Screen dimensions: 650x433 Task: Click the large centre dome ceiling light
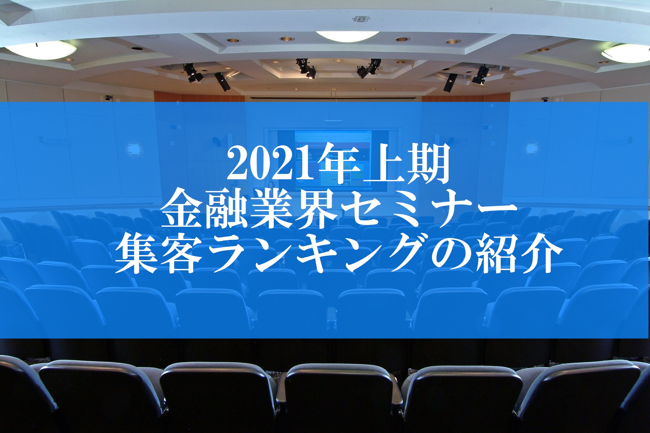pos(347,36)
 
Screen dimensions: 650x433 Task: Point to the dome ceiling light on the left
pos(41,50)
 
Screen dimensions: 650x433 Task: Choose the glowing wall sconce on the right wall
pos(531,148)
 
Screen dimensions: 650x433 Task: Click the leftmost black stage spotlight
pos(192,72)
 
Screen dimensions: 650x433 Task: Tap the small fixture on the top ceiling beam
pos(360,19)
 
